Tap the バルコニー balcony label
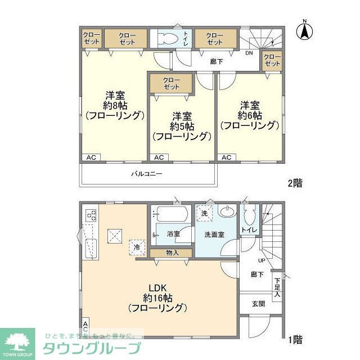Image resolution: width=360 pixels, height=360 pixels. pyautogui.click(x=147, y=174)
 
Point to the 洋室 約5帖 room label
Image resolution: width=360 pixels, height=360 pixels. pyautogui.click(x=181, y=126)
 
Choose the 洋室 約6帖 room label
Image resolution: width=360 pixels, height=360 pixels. pyautogui.click(x=249, y=115)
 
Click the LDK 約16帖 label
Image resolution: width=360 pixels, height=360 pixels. pyautogui.click(x=157, y=298)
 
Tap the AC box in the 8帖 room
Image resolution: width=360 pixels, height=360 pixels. pyautogui.click(x=91, y=157)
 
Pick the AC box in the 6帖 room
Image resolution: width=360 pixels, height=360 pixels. pyautogui.click(x=226, y=157)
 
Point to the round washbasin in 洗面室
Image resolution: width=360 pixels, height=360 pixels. pyautogui.click(x=227, y=213)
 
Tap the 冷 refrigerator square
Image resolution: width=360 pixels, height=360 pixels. pyautogui.click(x=137, y=246)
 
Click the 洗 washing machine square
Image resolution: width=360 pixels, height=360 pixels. pyautogui.click(x=204, y=214)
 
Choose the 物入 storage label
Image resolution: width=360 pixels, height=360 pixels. pyautogui.click(x=172, y=253)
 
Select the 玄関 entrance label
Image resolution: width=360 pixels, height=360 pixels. pyautogui.click(x=258, y=304)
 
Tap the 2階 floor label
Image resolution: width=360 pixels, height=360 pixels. pyautogui.click(x=295, y=183)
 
